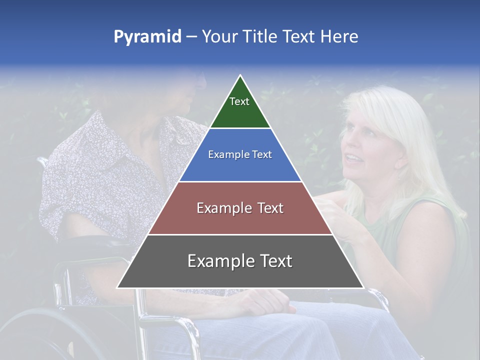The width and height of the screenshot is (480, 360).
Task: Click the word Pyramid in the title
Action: click(x=147, y=37)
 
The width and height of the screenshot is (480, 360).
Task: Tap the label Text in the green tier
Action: click(x=239, y=101)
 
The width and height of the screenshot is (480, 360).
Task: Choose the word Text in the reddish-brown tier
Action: click(x=268, y=208)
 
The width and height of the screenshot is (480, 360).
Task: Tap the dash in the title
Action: click(x=191, y=37)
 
